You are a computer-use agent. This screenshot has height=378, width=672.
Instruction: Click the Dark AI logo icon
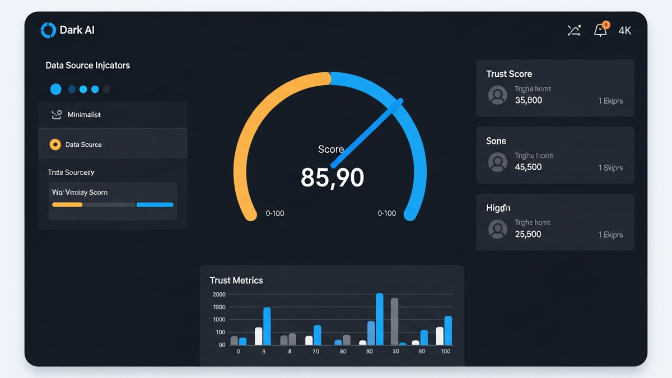tap(48, 30)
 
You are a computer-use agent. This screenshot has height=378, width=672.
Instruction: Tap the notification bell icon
tap(600, 30)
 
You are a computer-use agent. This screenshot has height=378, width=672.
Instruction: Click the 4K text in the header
tap(625, 31)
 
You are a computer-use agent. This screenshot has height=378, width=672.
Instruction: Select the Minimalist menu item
tap(84, 115)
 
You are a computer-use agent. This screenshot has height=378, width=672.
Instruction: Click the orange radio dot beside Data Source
tap(55, 144)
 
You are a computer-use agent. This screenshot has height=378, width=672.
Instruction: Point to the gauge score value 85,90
tap(332, 178)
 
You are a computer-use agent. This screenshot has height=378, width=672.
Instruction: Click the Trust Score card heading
tap(509, 74)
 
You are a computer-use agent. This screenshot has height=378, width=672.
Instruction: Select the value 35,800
tap(528, 101)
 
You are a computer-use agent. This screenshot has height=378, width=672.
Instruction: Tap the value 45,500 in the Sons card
tap(528, 167)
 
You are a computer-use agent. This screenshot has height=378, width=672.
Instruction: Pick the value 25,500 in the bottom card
tap(528, 234)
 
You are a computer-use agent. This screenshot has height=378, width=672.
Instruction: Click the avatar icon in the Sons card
tap(497, 162)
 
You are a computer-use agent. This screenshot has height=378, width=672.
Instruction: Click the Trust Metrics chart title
tap(236, 280)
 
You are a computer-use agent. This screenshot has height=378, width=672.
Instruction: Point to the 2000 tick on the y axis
tap(218, 295)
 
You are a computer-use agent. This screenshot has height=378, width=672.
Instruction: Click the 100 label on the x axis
tap(445, 352)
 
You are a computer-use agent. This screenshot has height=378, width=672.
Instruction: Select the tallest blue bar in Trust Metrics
tap(380, 319)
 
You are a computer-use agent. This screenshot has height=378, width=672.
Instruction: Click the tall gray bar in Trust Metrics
tap(394, 321)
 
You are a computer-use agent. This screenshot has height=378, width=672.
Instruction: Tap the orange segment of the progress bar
tap(67, 205)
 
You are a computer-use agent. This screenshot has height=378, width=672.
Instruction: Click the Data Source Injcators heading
tap(87, 66)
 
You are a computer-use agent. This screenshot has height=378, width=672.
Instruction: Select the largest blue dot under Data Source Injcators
tap(55, 89)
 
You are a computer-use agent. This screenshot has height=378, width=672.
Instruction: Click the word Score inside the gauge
tap(330, 150)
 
